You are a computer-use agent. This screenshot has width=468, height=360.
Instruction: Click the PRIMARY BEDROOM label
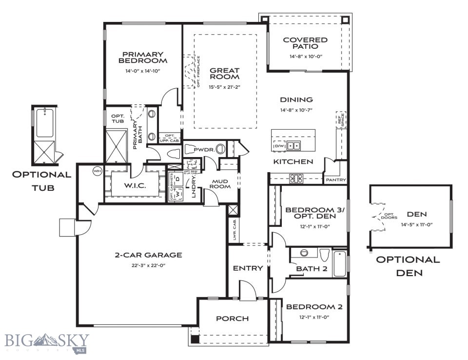click(142, 58)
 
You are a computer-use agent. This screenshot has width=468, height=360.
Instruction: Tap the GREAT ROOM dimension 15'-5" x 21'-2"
click(225, 87)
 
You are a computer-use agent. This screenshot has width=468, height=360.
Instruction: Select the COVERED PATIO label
click(305, 43)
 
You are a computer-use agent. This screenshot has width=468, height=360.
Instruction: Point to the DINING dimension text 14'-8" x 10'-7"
click(296, 110)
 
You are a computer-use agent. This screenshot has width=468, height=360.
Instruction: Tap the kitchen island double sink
click(293, 145)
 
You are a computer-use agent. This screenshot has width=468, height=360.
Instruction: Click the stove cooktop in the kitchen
click(296, 179)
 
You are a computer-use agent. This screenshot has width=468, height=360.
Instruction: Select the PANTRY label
click(336, 180)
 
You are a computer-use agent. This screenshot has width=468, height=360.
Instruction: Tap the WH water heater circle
click(97, 172)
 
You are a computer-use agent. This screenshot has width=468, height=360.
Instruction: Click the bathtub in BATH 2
click(340, 263)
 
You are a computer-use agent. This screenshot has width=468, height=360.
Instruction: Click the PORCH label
click(232, 319)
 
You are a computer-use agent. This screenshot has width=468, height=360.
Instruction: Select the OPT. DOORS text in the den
click(389, 216)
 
